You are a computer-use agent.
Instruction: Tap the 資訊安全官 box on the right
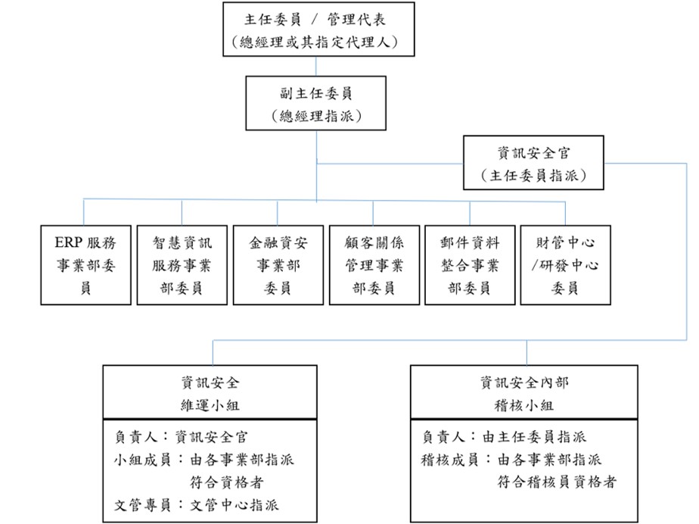coord(533,163)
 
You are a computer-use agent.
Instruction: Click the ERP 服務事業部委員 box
coord(85,265)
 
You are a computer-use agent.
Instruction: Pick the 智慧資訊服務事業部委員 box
coord(182,265)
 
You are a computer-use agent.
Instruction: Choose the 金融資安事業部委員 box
coord(278,265)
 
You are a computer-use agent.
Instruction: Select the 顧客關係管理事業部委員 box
coord(374,265)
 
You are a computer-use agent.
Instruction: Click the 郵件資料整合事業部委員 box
coord(470,265)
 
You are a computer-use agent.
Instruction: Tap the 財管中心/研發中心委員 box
coord(565,265)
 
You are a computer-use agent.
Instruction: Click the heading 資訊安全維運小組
coord(210,394)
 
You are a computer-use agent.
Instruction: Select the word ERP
coord(70,243)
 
